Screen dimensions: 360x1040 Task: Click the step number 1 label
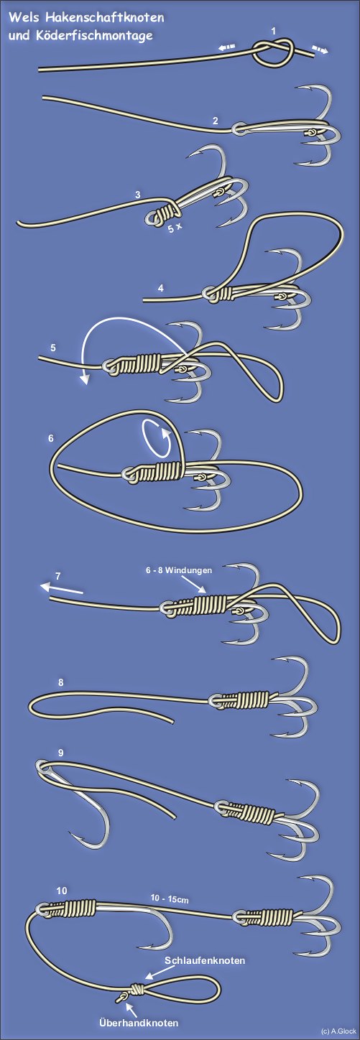tap(274, 31)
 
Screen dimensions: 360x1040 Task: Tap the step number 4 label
tap(161, 288)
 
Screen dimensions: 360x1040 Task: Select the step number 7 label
tap(57, 576)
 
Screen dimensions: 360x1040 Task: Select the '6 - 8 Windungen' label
tap(179, 570)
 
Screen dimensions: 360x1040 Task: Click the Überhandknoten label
tap(139, 1019)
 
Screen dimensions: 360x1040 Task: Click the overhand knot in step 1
tap(274, 52)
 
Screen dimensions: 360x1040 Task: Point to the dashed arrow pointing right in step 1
tap(320, 50)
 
